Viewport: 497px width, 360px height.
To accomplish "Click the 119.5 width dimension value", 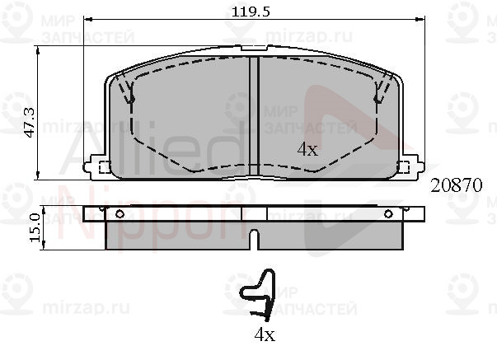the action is (x=251, y=12).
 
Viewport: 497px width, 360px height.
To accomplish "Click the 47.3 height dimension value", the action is (x=30, y=122).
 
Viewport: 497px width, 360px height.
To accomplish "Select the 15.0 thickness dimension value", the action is (x=35, y=228).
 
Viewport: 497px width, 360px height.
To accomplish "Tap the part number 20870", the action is (x=456, y=185).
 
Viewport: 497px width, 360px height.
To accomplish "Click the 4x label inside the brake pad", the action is (x=307, y=149).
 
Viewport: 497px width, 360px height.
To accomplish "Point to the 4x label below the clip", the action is (x=265, y=334).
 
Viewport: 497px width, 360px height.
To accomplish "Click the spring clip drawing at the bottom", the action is (x=257, y=295).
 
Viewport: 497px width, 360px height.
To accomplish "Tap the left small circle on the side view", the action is (x=120, y=214).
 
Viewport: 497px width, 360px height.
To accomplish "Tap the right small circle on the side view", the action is (x=388, y=214).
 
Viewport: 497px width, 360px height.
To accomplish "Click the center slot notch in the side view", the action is (x=254, y=239).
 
